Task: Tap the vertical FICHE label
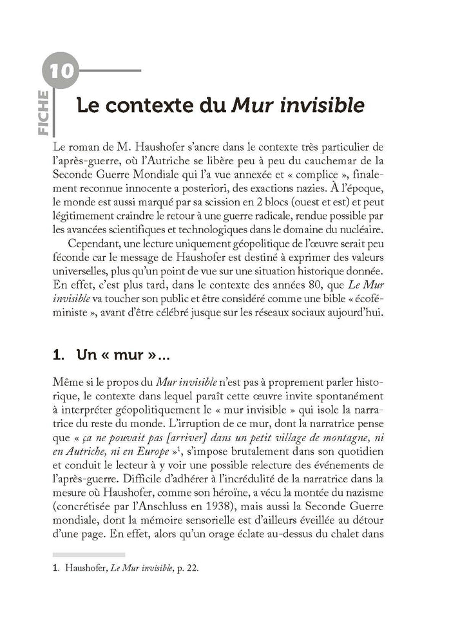click(46, 113)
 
